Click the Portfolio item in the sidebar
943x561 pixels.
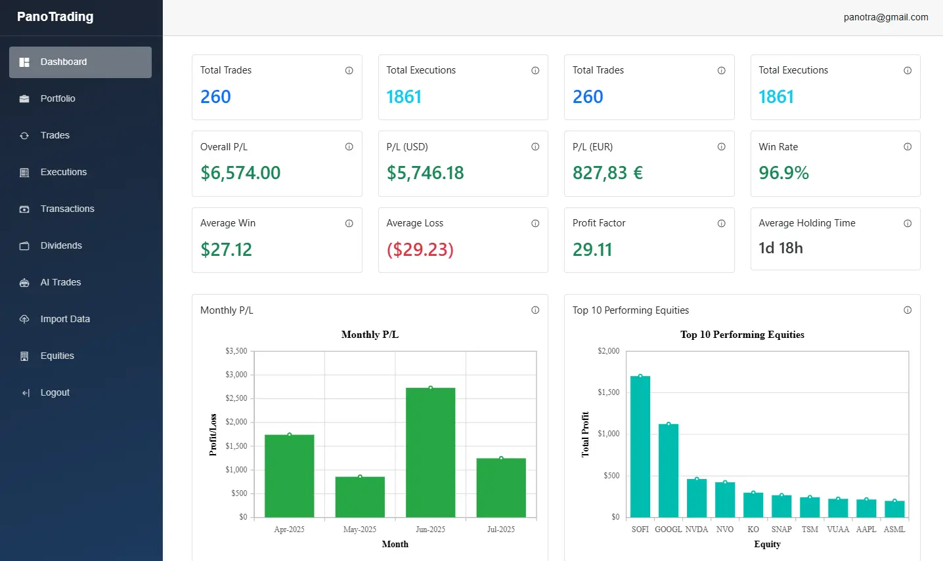[58, 98]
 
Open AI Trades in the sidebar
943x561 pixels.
[60, 282]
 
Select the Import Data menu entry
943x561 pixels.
[65, 319]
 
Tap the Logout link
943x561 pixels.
[55, 392]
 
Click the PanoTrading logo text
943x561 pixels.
[55, 17]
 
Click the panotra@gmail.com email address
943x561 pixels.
[885, 18]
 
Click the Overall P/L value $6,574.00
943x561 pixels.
[240, 173]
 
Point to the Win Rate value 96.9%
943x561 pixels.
[783, 173]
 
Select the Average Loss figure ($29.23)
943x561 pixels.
[420, 250]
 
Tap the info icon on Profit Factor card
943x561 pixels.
[721, 224]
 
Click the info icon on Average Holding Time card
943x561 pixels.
[907, 224]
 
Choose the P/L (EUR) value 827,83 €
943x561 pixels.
[607, 173]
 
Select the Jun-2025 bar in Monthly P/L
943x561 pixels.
[430, 453]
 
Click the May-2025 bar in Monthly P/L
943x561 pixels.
[360, 497]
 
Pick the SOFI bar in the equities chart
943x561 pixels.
[640, 446]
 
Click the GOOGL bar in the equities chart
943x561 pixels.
[669, 470]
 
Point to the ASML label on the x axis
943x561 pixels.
[894, 530]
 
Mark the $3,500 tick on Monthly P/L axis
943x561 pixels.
[236, 351]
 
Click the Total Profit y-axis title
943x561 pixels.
[585, 434]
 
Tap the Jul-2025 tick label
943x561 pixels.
[500, 530]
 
